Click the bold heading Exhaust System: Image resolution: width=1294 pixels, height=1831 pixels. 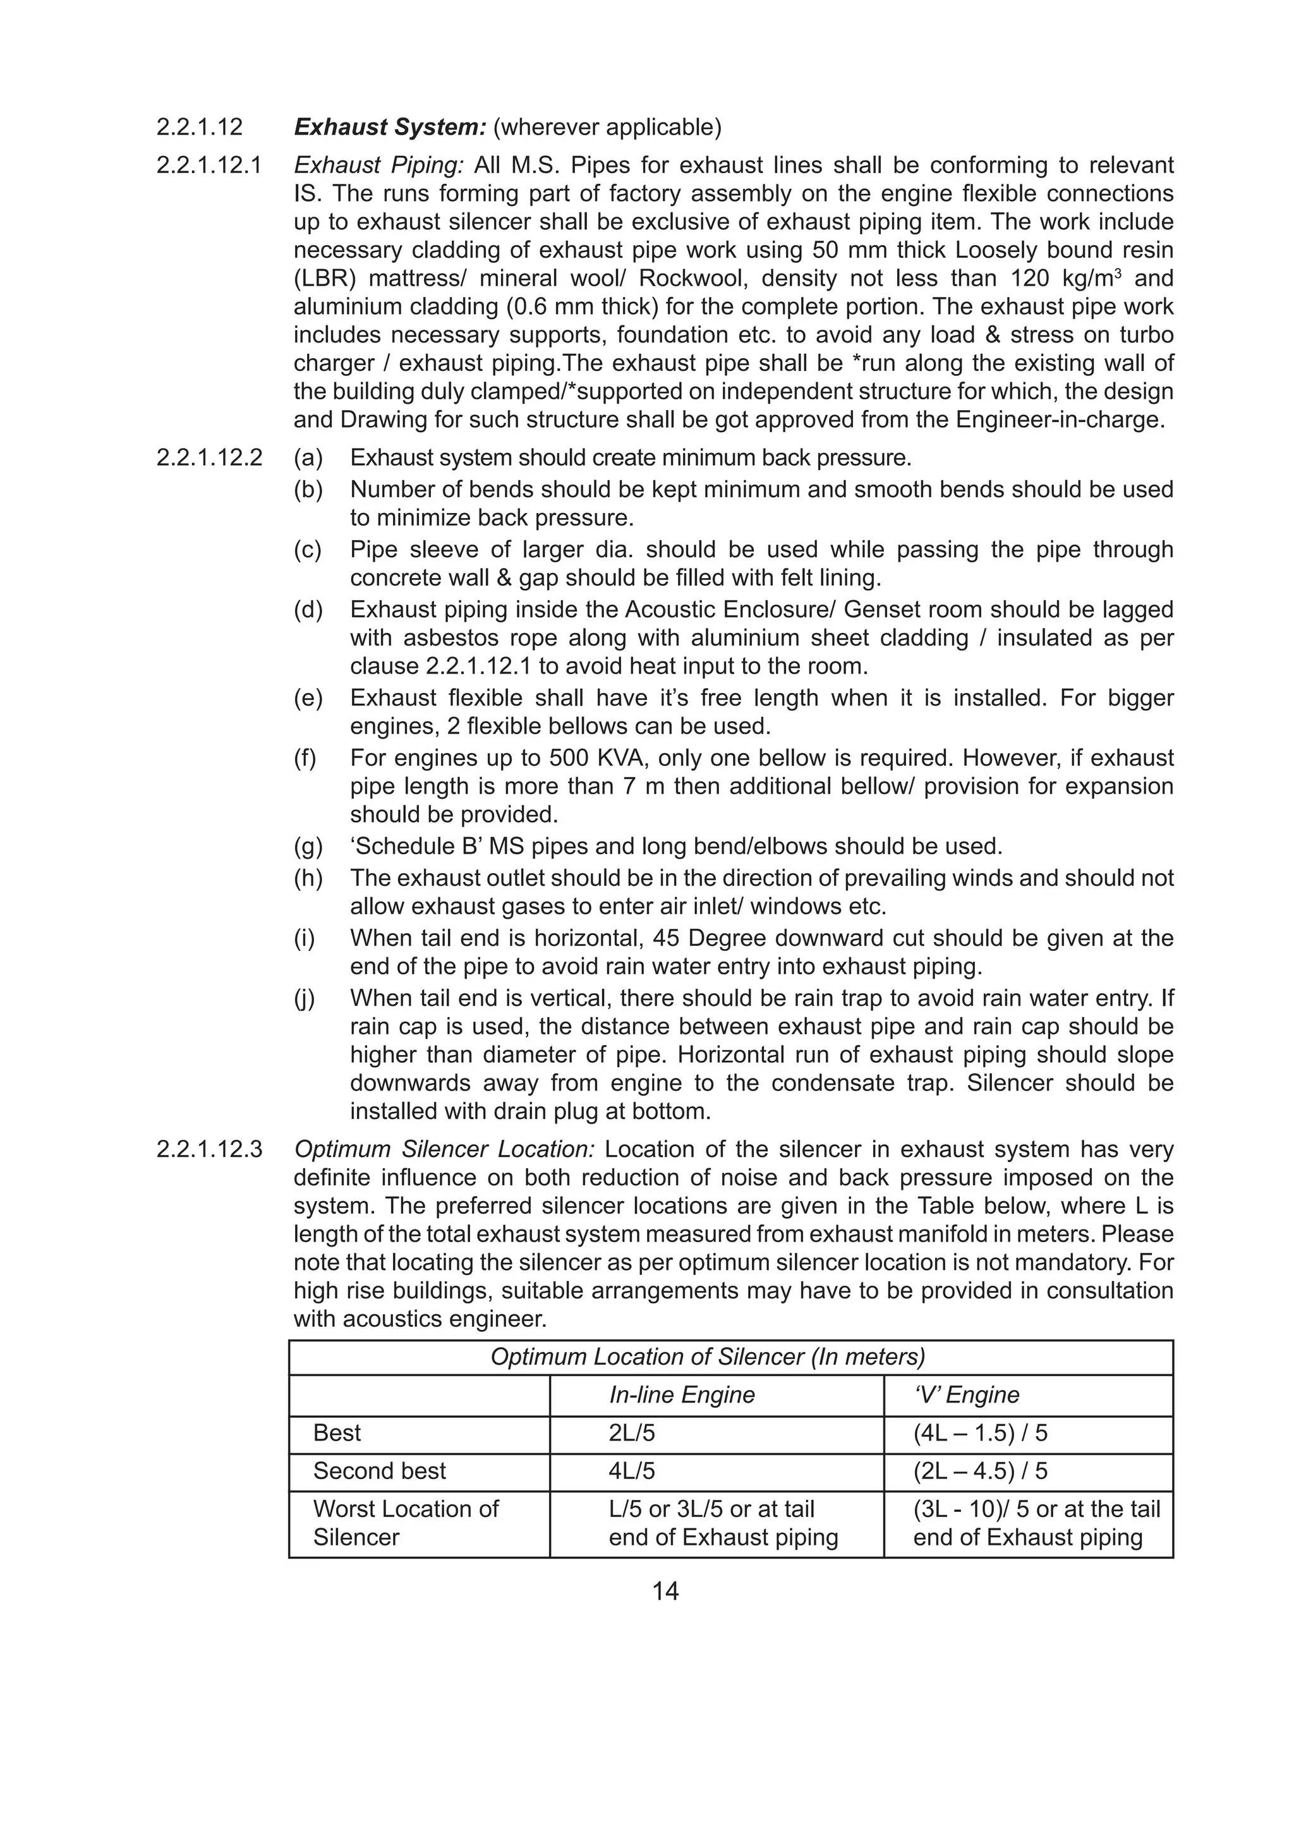pos(390,127)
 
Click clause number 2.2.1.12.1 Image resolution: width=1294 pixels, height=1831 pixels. pos(209,165)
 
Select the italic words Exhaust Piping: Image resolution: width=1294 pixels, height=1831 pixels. pos(378,165)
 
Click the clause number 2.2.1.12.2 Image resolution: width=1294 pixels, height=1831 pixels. pos(209,457)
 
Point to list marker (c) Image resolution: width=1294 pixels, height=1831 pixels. pos(308,550)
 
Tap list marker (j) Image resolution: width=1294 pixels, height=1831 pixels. pos(305,998)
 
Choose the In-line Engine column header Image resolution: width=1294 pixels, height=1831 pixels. pos(682,1395)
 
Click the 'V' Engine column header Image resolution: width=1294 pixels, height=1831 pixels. pos(965,1395)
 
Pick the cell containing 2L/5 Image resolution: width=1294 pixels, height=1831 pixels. pos(631,1433)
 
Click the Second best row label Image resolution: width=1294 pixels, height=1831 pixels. pos(380,1470)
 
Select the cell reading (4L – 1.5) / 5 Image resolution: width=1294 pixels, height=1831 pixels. pos(980,1433)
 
